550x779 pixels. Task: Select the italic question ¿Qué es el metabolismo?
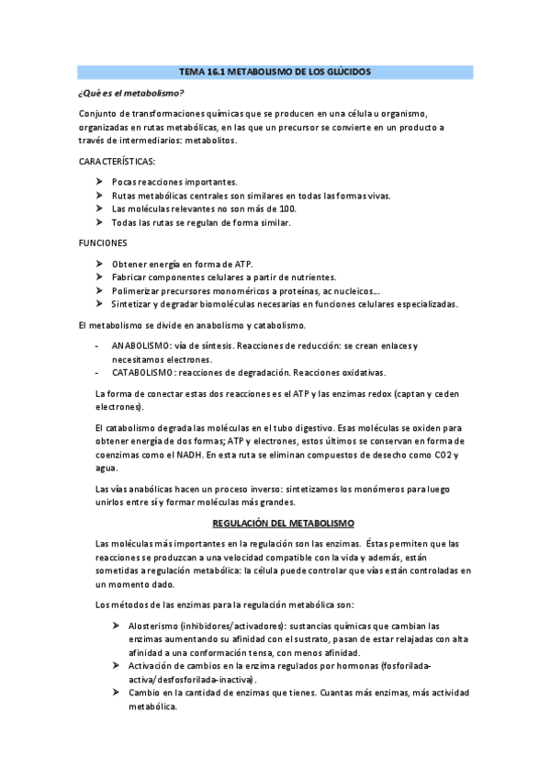point(130,93)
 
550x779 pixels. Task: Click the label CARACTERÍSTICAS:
point(118,161)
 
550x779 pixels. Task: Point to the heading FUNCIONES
point(103,243)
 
